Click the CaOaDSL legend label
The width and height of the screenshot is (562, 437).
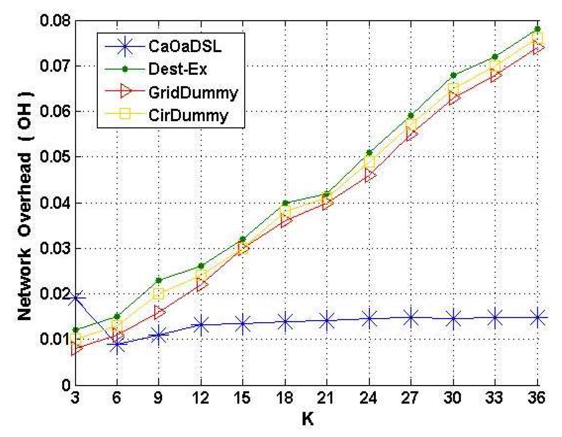coord(185,46)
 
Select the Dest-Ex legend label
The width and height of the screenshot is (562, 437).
coord(178,69)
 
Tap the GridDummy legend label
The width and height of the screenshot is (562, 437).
coord(193,92)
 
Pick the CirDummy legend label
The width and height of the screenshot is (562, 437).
coord(188,115)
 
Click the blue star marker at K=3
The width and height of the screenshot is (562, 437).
coord(75,298)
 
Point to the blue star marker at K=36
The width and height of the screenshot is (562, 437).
coord(537,318)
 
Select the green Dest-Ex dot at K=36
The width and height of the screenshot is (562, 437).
coord(537,29)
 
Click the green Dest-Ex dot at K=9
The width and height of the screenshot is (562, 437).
coord(159,280)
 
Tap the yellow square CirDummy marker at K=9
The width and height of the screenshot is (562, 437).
coord(159,294)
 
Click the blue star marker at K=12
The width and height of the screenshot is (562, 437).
coord(201,325)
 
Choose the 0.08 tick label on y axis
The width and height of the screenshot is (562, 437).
coord(54,21)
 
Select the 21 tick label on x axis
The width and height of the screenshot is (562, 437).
coord(326,398)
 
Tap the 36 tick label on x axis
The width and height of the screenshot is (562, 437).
coord(537,398)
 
